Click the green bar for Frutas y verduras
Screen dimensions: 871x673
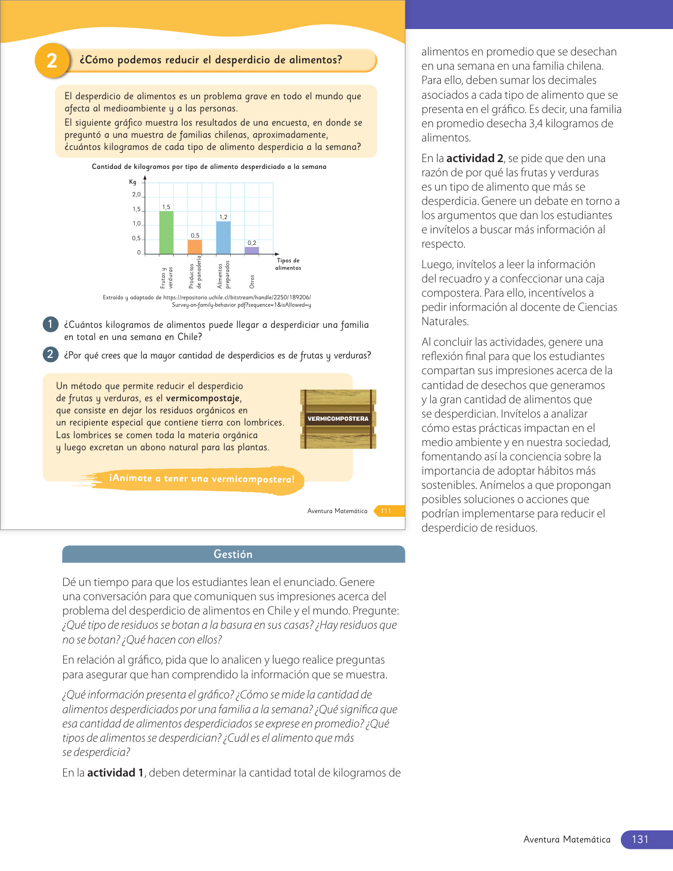point(166,232)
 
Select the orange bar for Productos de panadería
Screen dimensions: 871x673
point(195,247)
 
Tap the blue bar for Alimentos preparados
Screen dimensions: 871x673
point(223,238)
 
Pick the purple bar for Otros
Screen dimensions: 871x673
point(252,250)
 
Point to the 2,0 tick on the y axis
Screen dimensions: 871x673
point(136,195)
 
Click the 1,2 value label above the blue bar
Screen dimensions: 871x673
point(223,217)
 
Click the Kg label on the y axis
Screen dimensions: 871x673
point(132,182)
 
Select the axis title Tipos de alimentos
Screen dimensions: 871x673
point(288,264)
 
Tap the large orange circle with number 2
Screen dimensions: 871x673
point(52,61)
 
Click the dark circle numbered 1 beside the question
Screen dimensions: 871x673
point(50,324)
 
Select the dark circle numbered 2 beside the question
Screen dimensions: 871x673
point(50,354)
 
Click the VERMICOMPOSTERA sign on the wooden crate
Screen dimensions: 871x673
point(338,419)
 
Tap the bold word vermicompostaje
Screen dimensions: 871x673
point(203,399)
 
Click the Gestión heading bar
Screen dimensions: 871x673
point(233,554)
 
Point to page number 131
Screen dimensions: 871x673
point(640,839)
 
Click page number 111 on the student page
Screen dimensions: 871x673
point(386,511)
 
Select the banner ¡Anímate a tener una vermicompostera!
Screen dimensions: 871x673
point(202,479)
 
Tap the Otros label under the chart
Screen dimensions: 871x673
point(252,281)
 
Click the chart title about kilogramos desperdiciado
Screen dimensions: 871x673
point(209,167)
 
